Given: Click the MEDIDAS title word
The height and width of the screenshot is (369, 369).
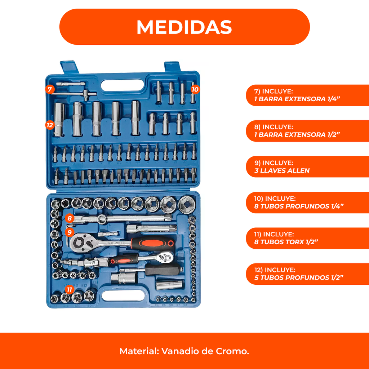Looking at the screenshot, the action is click(184, 27).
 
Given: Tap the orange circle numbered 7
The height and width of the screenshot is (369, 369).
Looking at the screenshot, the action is click(50, 89).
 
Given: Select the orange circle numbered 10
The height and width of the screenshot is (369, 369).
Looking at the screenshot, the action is click(195, 89).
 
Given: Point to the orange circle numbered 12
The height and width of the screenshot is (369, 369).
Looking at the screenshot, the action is click(50, 125).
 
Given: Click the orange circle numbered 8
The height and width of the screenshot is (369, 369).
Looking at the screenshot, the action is click(70, 218).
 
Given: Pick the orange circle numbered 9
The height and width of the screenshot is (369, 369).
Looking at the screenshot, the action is click(70, 232).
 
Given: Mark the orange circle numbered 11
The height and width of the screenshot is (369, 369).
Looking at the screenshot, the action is click(69, 289).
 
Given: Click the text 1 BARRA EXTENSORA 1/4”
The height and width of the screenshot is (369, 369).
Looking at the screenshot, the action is click(297, 99).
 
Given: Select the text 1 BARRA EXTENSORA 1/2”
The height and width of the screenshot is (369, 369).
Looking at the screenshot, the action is click(297, 135).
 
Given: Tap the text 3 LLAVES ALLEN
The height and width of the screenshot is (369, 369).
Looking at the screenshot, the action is click(282, 170).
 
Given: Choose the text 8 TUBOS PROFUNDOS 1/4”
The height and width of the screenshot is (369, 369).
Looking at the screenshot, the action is click(299, 206).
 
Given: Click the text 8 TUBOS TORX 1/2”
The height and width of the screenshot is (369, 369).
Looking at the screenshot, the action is click(286, 242).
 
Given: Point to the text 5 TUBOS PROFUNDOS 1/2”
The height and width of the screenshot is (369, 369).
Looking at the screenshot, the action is click(299, 278).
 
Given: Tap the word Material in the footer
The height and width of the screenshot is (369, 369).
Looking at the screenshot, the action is click(139, 351).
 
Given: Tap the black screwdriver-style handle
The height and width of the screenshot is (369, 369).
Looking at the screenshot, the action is click(164, 270).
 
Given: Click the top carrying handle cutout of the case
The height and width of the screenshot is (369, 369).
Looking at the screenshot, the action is click(123, 86).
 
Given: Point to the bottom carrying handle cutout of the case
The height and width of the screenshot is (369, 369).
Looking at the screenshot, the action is click(123, 295).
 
